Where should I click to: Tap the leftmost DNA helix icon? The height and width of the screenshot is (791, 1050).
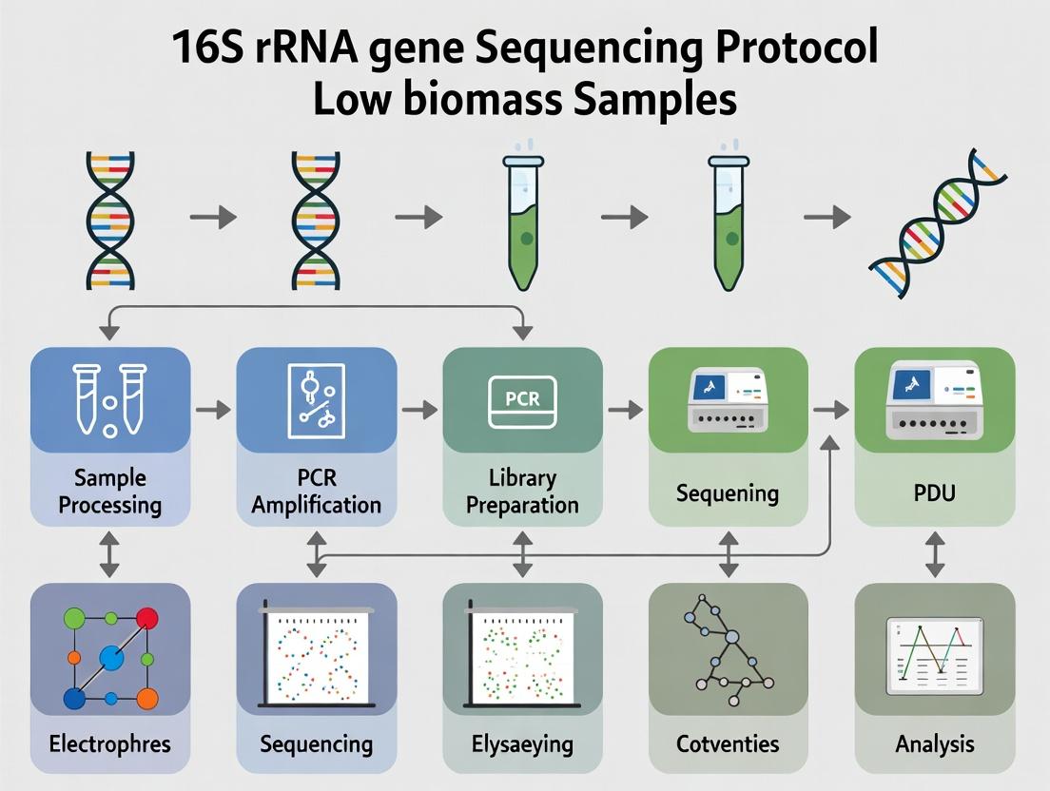(x=110, y=219)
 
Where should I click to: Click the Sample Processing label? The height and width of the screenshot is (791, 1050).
(x=109, y=491)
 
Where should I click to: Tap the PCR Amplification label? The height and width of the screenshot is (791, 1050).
(x=316, y=491)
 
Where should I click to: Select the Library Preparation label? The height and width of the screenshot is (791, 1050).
(x=522, y=491)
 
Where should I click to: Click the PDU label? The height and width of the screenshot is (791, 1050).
(x=934, y=493)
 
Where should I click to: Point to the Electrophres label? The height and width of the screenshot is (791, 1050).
(x=109, y=743)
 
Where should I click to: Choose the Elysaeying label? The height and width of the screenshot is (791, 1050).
(x=522, y=743)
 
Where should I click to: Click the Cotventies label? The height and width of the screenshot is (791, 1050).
(x=728, y=743)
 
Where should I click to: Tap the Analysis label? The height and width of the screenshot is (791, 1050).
(x=934, y=743)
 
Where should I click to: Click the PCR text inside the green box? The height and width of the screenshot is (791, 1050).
(x=522, y=398)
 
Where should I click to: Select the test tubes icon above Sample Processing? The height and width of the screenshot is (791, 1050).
(x=109, y=400)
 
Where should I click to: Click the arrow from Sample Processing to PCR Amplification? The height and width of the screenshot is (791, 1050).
(x=213, y=410)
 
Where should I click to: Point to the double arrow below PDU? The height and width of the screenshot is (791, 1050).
(x=934, y=554)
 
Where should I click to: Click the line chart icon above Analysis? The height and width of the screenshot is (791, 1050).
(x=934, y=656)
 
